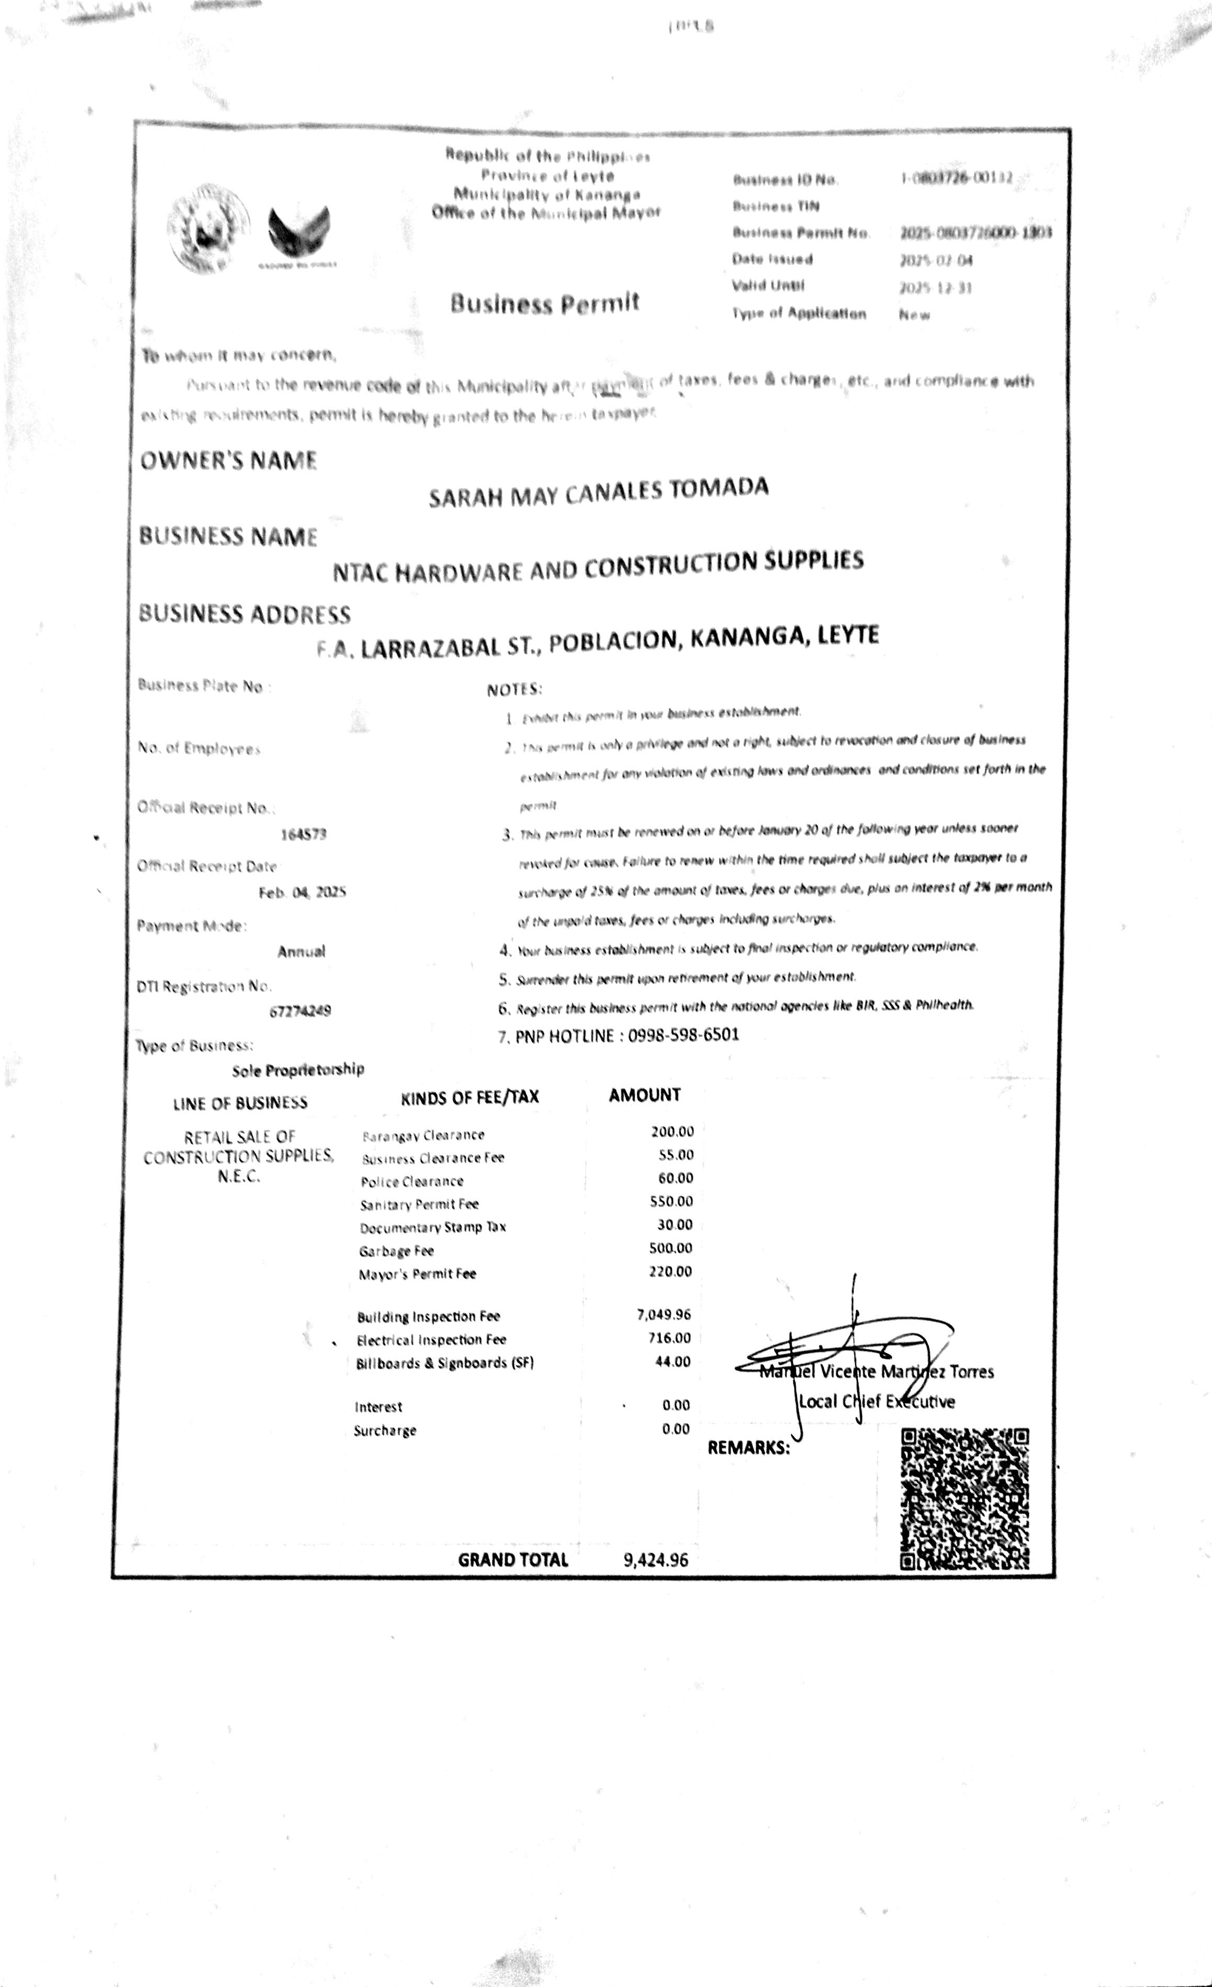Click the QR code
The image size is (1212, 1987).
pyautogui.click(x=964, y=1498)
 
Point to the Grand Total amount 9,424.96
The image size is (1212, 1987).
pyautogui.click(x=656, y=1559)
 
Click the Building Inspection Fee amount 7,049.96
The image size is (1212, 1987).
pyautogui.click(x=664, y=1315)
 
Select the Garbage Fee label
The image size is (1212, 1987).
pyautogui.click(x=397, y=1251)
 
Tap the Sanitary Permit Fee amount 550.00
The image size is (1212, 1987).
pyautogui.click(x=671, y=1201)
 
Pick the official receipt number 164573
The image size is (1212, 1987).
pyautogui.click(x=303, y=835)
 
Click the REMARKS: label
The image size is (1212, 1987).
pyautogui.click(x=748, y=1447)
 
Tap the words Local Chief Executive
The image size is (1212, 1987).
pyautogui.click(x=877, y=1402)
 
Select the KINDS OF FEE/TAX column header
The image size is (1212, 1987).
pyautogui.click(x=469, y=1097)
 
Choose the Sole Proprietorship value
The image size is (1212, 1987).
pyautogui.click(x=298, y=1070)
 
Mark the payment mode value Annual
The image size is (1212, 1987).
pyautogui.click(x=301, y=952)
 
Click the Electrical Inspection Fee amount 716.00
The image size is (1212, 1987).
pyautogui.click(x=669, y=1338)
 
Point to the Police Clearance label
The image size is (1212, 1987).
pyautogui.click(x=412, y=1181)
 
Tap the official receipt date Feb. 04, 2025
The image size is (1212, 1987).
pyautogui.click(x=302, y=892)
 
